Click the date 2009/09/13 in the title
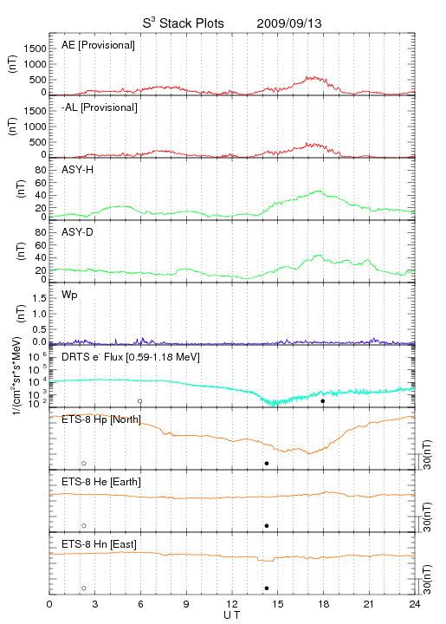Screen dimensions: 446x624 click(x=289, y=23)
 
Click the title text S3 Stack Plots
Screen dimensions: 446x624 click(x=184, y=23)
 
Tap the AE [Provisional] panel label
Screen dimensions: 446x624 click(x=98, y=45)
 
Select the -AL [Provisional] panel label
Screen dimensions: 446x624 click(x=100, y=107)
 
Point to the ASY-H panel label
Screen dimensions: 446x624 click(x=78, y=170)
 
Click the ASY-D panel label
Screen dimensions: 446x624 click(x=78, y=232)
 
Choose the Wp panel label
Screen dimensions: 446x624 click(x=69, y=296)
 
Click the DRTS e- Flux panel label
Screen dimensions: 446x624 click(x=131, y=357)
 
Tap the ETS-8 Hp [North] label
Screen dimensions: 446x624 click(x=101, y=419)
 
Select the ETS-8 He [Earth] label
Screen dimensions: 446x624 click(x=101, y=482)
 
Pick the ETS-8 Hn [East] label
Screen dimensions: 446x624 click(x=99, y=544)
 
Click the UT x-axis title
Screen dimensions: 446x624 click(x=232, y=615)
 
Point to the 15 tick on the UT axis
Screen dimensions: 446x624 click(x=278, y=604)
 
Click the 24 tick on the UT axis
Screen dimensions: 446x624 click(x=415, y=604)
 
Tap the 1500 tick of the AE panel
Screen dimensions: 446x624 click(x=35, y=49)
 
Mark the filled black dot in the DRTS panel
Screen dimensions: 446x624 click(x=323, y=401)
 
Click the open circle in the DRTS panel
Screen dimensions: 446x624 click(x=140, y=401)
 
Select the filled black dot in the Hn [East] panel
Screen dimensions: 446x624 click(x=267, y=588)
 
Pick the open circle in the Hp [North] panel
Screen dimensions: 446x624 click(x=84, y=464)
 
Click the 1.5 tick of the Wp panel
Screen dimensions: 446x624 click(x=40, y=298)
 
